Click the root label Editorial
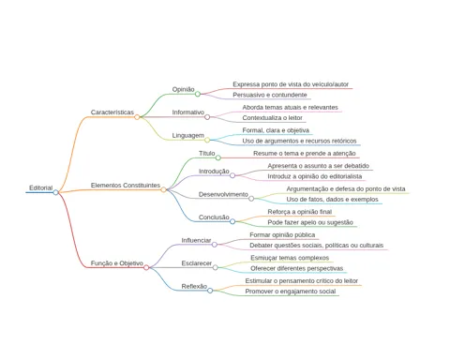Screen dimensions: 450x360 point(41,187)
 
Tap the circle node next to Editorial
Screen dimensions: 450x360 point(55,192)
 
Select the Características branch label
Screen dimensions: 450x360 point(112,112)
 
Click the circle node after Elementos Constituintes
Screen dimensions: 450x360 point(163,189)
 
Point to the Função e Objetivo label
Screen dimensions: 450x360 point(117,263)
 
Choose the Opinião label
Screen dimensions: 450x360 point(183,89)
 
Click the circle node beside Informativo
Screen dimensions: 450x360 point(207,117)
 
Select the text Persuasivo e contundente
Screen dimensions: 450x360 point(270,95)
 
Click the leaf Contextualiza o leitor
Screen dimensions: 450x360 point(272,118)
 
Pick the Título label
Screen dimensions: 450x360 point(207,154)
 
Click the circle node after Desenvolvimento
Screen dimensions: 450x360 point(251,199)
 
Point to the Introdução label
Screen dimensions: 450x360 point(214,172)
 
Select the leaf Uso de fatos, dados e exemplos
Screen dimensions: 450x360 point(332,200)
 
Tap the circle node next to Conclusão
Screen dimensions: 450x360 point(232,221)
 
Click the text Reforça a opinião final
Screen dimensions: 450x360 point(300,212)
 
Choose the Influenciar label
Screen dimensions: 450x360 point(196,240)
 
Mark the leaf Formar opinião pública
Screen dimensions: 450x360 point(282,235)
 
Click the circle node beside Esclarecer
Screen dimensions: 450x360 point(215,267)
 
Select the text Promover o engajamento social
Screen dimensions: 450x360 point(291,292)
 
